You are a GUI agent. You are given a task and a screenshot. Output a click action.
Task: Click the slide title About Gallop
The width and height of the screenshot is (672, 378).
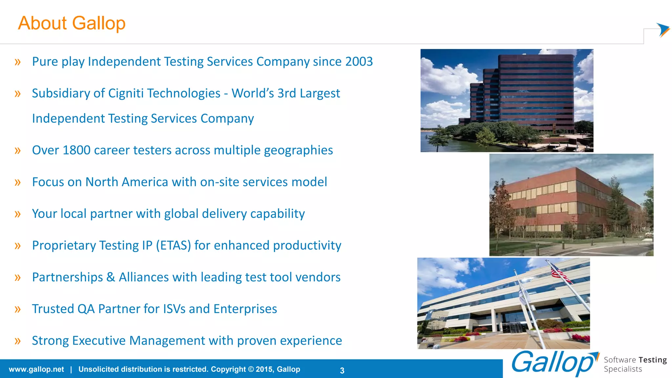[72, 23]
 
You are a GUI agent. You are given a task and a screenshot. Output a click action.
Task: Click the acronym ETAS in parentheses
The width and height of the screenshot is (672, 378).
[173, 245]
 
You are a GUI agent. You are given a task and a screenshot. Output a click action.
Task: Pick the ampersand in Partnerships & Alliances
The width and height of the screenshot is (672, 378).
[111, 278]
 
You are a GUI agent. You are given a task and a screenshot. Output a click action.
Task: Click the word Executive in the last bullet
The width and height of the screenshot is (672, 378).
[99, 341]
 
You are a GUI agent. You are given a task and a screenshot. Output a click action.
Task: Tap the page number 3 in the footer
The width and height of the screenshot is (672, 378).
[342, 370]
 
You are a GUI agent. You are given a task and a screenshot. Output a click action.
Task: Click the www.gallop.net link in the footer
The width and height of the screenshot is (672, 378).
[36, 369]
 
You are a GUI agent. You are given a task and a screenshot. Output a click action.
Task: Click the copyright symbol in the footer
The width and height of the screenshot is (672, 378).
[251, 369]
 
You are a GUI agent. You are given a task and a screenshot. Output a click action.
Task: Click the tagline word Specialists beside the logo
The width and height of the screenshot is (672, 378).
[622, 369]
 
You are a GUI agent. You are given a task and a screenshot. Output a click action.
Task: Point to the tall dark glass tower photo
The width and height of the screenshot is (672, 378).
[507, 100]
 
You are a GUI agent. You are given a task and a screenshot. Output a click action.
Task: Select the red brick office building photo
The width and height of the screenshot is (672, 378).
[571, 205]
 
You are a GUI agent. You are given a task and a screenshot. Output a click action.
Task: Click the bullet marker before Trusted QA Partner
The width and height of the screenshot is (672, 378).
[18, 309]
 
